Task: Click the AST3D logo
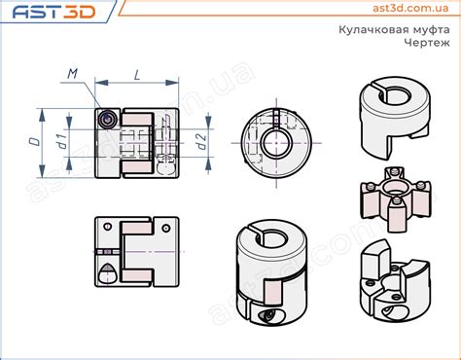point(53,12)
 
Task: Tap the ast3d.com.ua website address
point(410,8)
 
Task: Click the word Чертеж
point(427,42)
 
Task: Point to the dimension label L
point(137,75)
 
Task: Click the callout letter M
point(73,74)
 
